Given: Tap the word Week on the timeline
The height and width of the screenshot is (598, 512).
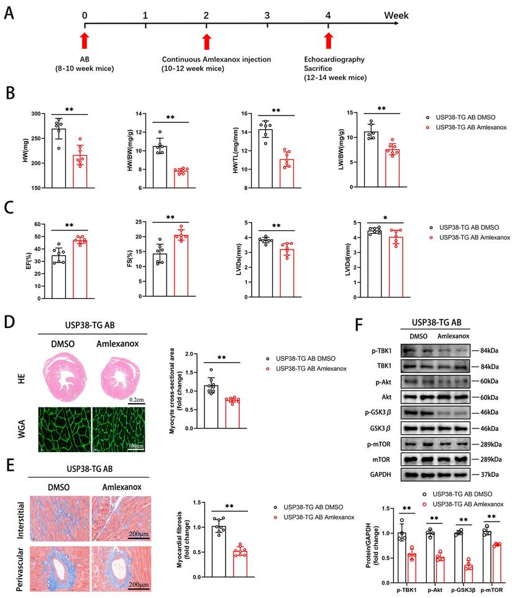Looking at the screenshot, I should [396, 14].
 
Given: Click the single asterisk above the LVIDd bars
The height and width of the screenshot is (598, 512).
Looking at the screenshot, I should [385, 219].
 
